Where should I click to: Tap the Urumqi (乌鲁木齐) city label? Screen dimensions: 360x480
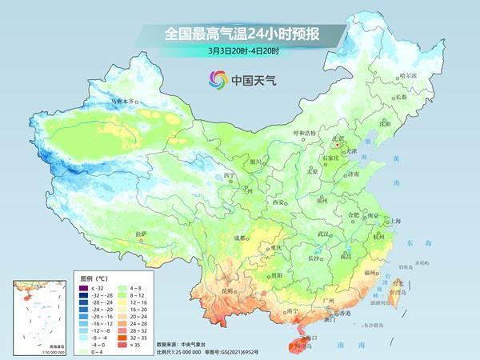pos(124,102)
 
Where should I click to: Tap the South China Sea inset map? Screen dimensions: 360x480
pos(39,315)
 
